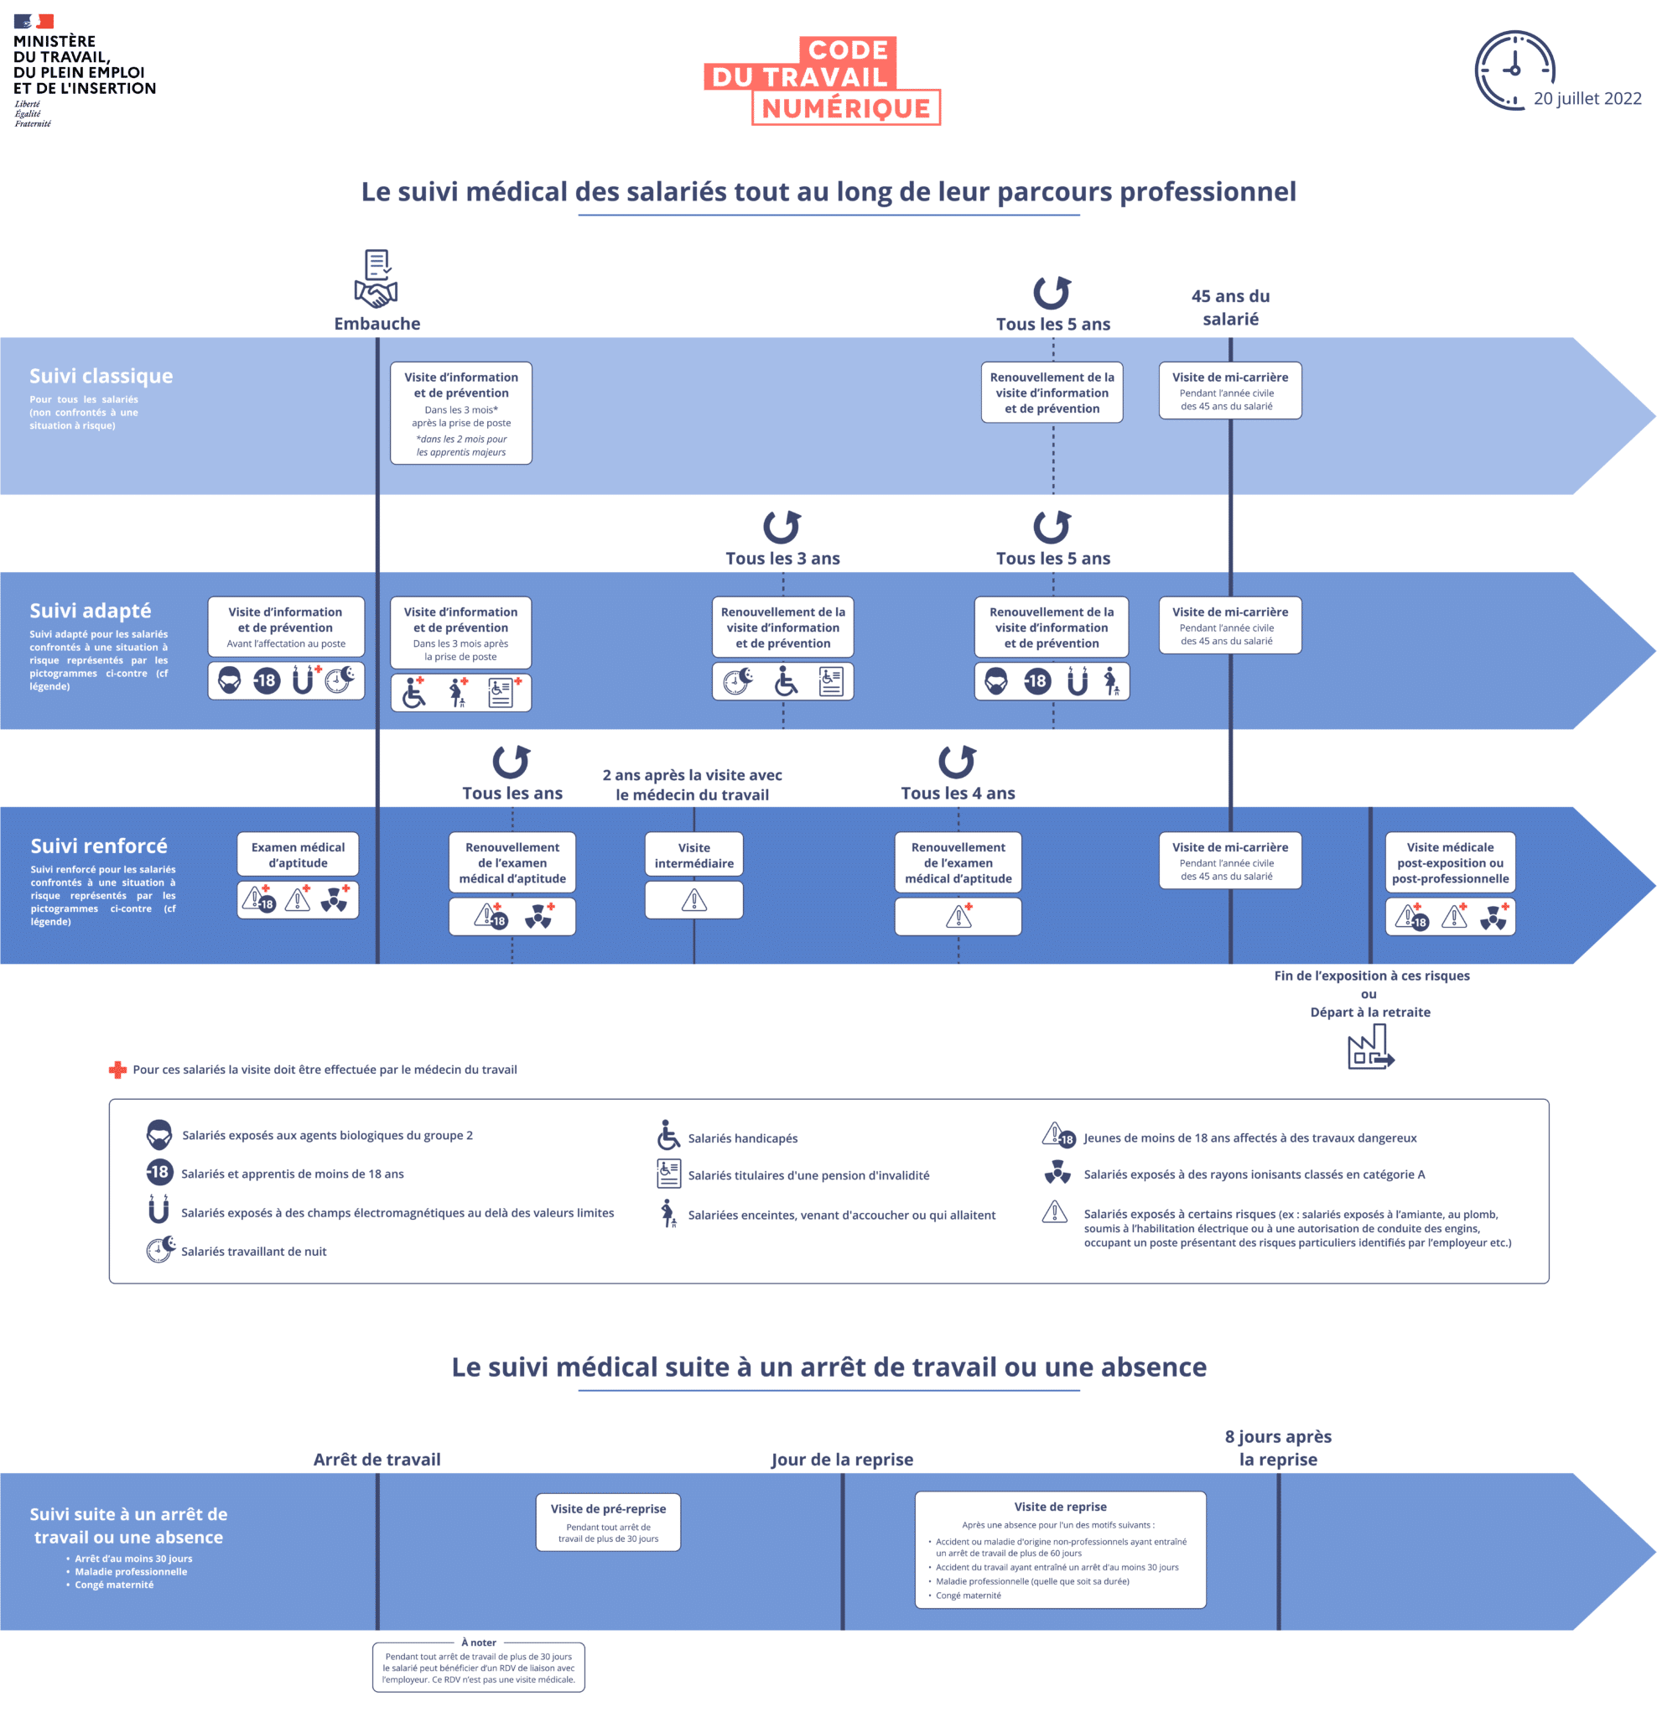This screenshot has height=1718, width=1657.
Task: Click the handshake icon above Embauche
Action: click(x=375, y=278)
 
